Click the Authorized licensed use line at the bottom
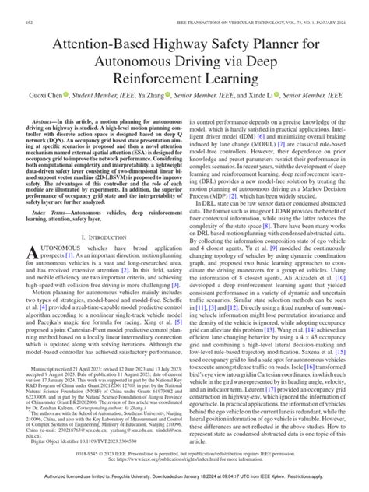[184, 483]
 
